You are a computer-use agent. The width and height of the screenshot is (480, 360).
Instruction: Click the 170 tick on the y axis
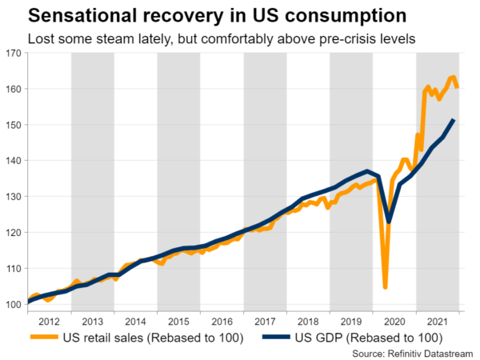click(13, 54)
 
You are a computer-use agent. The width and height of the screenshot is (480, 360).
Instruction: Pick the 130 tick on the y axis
click(13, 197)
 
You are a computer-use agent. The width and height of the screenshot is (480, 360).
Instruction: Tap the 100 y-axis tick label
click(13, 305)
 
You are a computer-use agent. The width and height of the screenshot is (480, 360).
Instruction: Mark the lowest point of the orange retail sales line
click(386, 287)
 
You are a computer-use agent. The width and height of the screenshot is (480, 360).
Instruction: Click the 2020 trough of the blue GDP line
click(390, 222)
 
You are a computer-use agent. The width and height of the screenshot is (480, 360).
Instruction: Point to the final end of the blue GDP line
click(454, 120)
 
